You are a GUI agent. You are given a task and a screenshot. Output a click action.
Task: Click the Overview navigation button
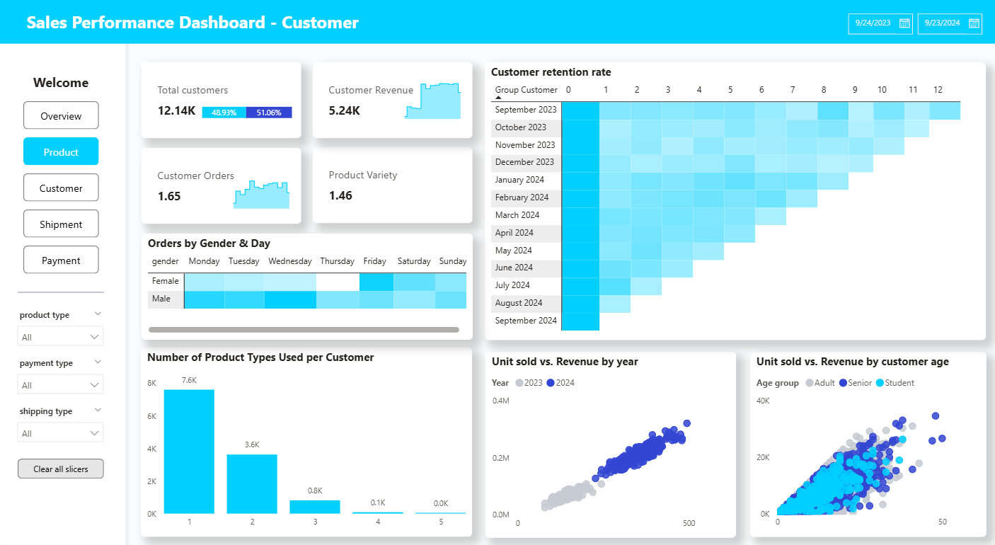(61, 116)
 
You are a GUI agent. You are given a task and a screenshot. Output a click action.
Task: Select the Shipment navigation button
(61, 224)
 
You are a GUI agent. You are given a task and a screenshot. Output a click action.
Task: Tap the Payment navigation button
(61, 260)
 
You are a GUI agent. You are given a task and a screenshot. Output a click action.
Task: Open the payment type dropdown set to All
(60, 385)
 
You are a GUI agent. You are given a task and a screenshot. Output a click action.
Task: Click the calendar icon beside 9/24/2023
(904, 23)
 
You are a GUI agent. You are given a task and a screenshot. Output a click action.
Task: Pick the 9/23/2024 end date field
(942, 23)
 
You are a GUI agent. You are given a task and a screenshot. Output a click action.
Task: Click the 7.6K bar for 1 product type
(189, 452)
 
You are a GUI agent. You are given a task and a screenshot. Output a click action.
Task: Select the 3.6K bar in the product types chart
(252, 483)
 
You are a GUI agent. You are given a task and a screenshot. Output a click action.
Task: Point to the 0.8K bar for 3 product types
(315, 507)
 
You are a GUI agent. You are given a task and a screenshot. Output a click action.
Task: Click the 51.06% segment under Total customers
(269, 113)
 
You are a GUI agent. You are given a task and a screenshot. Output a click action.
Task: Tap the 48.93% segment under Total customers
(224, 113)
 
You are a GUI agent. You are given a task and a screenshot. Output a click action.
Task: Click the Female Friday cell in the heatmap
(376, 282)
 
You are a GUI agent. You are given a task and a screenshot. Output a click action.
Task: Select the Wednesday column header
(290, 261)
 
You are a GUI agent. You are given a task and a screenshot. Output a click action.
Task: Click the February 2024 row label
(522, 197)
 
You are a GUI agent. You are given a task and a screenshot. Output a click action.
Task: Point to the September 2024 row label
(527, 321)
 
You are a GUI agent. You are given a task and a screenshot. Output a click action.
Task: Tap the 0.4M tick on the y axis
(501, 401)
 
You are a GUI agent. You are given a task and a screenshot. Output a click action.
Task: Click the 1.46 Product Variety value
(341, 195)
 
